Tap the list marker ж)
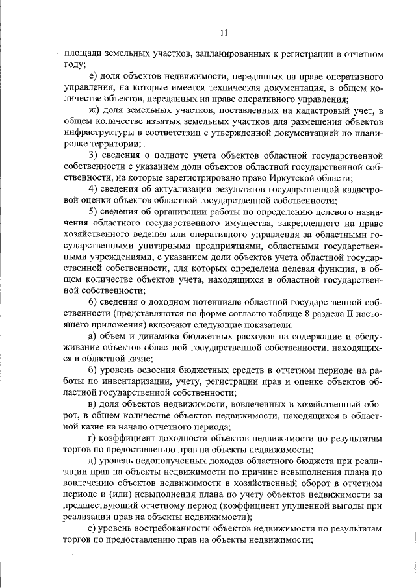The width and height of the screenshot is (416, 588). click(x=93, y=111)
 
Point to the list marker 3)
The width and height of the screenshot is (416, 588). click(x=93, y=155)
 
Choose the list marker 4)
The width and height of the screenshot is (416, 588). click(x=93, y=189)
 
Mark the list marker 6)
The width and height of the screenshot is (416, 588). click(x=93, y=301)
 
